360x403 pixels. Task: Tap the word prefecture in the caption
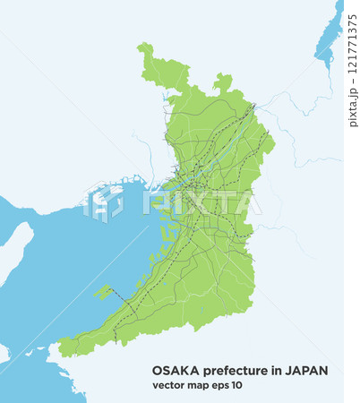230,370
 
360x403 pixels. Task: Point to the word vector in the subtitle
167,385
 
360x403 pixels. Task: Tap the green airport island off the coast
103,292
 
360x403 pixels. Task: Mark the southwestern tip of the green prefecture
63,345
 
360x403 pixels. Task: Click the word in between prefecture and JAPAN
270,370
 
